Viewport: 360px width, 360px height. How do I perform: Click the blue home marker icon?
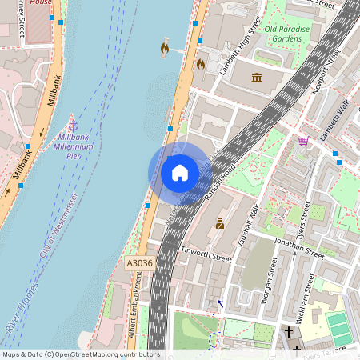tap(180, 172)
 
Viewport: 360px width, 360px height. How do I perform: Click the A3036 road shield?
tap(139, 262)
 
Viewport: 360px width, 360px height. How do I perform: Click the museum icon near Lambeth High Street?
tap(258, 78)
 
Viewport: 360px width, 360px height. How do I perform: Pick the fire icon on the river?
tap(165, 48)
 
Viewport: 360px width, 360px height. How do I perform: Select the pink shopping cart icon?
tap(303, 142)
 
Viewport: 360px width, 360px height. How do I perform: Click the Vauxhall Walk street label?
tap(244, 225)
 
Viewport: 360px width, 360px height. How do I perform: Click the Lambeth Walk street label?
tap(335, 120)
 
